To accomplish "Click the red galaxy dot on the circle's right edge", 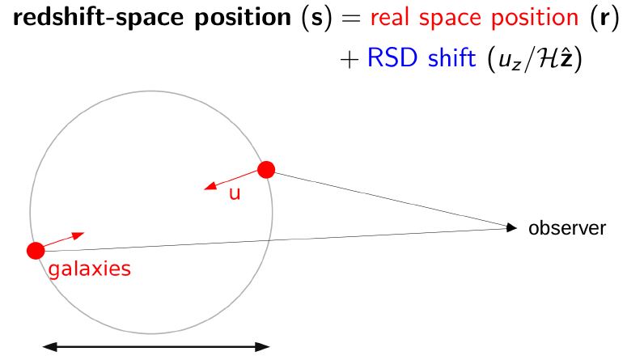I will (x=266, y=170).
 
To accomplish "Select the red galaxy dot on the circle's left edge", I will (x=35, y=251).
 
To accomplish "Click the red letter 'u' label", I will (x=235, y=194).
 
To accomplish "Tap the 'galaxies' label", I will (x=90, y=269).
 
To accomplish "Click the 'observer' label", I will (x=566, y=228).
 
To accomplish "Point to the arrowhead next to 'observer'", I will (x=511, y=227).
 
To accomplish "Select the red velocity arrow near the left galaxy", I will (x=65, y=239).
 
